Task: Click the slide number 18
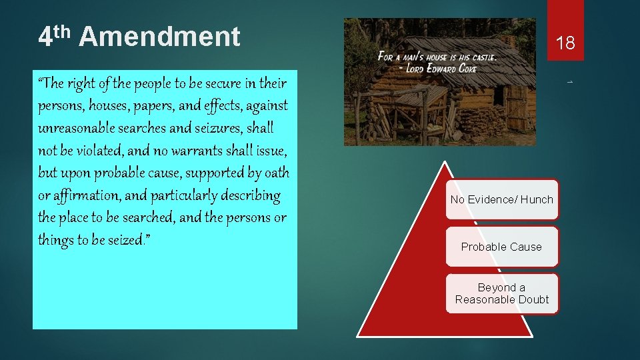point(565,44)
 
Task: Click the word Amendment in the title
point(159,37)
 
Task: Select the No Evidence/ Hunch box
point(501,199)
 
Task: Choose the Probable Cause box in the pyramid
point(501,247)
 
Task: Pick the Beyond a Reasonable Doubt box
point(501,293)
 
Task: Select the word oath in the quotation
point(277,173)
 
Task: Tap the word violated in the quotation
point(93,150)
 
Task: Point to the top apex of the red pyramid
point(445,162)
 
